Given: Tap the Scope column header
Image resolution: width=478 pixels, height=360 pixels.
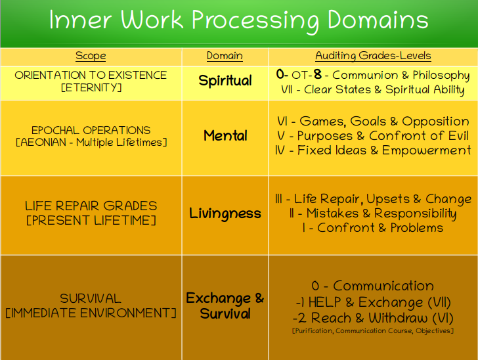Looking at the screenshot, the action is point(91,56).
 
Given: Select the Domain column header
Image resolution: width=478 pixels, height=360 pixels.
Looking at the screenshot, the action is point(225,56).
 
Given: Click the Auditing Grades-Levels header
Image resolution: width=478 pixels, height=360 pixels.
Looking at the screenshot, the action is point(373,56).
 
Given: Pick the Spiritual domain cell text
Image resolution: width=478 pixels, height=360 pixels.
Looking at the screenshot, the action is point(225,81).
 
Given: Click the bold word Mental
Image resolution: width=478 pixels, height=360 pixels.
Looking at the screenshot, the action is point(225,135).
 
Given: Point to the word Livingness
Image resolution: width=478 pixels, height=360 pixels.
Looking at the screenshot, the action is point(225,214).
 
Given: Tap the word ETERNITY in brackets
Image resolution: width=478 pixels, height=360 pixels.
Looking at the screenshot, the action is point(91,88).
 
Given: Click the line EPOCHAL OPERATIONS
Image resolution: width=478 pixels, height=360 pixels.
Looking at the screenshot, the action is point(91,130).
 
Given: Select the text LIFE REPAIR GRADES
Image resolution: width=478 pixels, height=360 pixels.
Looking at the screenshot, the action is point(91,206).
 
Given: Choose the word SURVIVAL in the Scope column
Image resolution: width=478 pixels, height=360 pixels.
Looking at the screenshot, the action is point(91,298).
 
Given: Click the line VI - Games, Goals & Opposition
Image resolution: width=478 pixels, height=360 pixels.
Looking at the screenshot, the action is point(373,122).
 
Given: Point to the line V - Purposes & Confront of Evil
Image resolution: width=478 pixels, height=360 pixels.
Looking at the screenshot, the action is point(373,136).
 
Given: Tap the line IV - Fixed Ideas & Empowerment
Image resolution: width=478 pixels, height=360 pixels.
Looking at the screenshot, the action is point(373,150).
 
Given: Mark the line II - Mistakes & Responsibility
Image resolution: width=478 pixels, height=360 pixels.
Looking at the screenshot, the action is point(373,214).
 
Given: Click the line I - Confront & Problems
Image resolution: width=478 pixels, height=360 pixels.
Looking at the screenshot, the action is point(373,227).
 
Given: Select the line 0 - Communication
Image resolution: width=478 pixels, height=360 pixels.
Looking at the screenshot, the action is point(372,286).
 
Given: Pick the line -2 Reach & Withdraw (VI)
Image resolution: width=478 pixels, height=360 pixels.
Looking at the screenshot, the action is point(372,318).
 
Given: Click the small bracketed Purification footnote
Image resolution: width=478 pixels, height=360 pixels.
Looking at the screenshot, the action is point(373,330).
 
